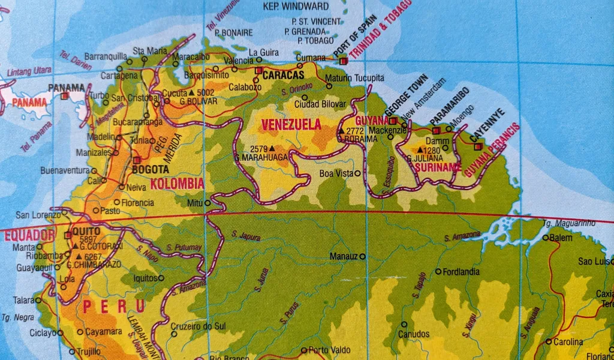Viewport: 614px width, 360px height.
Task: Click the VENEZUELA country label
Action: tap(291, 125)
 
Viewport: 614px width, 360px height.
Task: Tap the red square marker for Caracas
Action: tap(258, 70)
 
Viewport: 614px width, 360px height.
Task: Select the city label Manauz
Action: tap(343, 257)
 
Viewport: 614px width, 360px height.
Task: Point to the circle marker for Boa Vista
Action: tap(358, 173)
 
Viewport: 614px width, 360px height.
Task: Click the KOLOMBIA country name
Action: tap(177, 184)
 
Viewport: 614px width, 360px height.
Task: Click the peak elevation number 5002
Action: tap(205, 93)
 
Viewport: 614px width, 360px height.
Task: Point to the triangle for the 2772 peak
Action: tap(341, 131)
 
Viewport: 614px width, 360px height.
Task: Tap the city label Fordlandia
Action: tap(462, 272)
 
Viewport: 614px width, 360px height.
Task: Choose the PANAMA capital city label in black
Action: tap(67, 88)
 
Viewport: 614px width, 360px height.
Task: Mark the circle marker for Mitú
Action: tap(207, 203)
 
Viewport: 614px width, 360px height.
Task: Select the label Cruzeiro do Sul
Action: tap(199, 326)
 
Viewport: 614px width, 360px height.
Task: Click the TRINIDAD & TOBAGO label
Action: tap(381, 29)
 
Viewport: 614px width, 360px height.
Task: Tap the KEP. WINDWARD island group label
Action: tap(296, 7)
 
